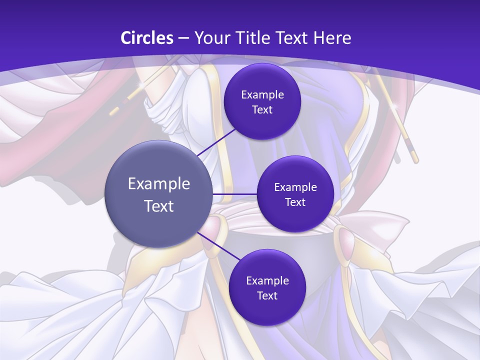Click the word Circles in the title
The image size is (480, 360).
click(147, 38)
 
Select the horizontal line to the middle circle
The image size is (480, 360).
click(234, 194)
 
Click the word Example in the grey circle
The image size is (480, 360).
click(159, 184)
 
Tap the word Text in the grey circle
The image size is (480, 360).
click(159, 206)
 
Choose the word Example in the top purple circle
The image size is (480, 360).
click(262, 95)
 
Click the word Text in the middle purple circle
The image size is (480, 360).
click(295, 202)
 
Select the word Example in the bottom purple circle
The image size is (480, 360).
click(267, 281)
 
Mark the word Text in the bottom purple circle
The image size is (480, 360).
click(267, 296)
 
